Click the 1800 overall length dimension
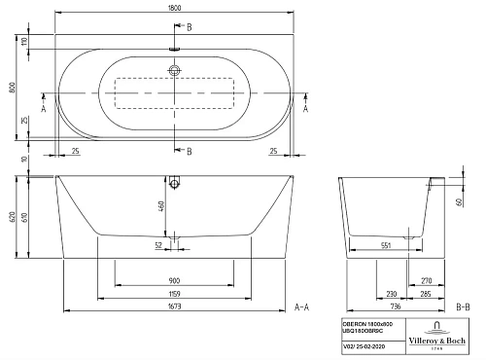(174, 6)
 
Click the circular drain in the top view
(175, 71)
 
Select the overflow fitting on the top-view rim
(175, 46)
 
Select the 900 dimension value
(174, 278)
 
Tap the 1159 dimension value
(174, 293)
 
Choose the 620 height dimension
(11, 220)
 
